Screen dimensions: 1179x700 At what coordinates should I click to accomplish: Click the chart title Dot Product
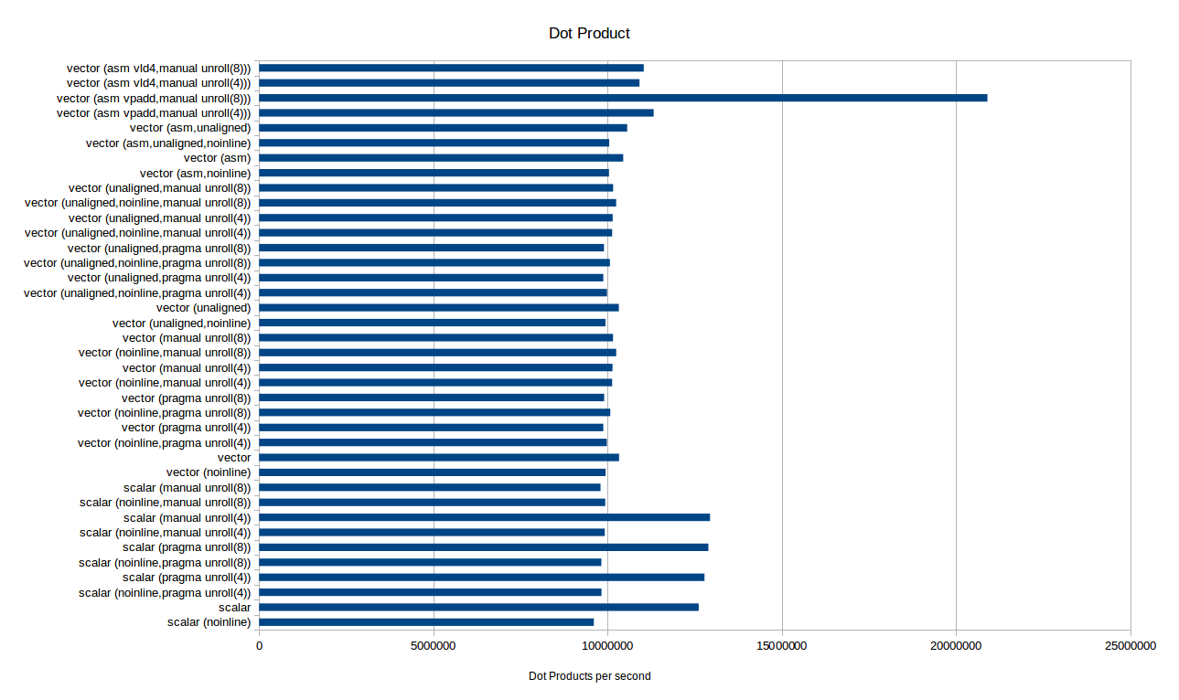coord(589,33)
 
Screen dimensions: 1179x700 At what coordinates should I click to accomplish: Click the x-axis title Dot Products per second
coord(589,676)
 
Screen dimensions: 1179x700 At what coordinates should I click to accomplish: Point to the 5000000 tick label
coord(434,646)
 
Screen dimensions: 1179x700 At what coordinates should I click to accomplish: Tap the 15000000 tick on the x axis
coord(782,646)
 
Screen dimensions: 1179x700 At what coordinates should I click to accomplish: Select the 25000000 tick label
coord(1131,646)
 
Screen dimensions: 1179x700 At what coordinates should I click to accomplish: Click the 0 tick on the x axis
coord(259,646)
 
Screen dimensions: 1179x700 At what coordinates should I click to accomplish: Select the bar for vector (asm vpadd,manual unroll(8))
coord(623,98)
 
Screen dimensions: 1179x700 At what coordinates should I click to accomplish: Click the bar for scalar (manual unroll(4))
coord(484,517)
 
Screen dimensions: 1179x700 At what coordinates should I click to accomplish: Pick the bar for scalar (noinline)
coord(426,622)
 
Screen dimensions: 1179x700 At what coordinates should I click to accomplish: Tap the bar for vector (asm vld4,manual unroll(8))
coord(451,68)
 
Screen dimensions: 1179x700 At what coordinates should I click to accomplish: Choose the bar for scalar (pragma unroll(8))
coord(484,547)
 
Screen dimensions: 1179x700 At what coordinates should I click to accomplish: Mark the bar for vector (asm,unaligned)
coord(444,128)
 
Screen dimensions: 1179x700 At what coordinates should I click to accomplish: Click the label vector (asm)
coord(217,158)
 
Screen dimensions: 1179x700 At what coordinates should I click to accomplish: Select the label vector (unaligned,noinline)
coord(182,323)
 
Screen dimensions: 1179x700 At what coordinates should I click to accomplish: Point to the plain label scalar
coord(235,608)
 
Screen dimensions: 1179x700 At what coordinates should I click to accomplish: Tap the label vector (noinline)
coord(209,472)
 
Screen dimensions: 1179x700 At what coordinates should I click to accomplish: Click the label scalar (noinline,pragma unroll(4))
coord(165,593)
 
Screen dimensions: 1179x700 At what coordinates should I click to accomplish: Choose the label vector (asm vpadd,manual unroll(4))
coord(154,113)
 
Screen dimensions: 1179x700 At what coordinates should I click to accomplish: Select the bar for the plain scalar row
coord(479,608)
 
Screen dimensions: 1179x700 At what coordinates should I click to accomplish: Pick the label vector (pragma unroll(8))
coord(187,398)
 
